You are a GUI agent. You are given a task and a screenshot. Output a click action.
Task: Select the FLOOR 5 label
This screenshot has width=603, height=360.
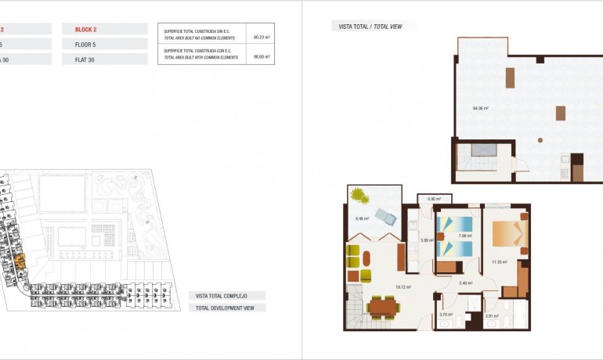85,45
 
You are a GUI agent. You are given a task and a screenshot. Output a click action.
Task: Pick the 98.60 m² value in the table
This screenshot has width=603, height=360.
262,56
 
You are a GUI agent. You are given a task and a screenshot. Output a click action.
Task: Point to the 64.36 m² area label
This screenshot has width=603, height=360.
480,108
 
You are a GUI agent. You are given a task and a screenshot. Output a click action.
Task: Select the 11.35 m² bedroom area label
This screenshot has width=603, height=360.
499,262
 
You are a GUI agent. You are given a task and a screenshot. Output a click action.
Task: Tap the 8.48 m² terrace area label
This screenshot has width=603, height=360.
362,218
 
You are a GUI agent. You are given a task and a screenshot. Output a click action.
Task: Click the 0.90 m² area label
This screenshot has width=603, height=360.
435,200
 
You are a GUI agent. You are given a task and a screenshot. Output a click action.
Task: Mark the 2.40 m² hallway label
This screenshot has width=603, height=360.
465,283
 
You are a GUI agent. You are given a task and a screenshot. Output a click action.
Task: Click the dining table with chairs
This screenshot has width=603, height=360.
381,307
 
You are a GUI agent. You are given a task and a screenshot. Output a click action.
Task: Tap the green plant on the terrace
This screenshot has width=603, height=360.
359,193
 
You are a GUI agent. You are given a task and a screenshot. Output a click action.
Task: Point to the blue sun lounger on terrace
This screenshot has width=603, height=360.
385,216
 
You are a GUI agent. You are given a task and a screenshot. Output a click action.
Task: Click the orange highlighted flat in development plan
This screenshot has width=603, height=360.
20,261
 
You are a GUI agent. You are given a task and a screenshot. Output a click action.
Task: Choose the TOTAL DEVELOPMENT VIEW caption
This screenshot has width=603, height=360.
226,308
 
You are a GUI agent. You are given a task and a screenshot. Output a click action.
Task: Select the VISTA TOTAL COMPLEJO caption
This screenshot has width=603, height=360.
226,296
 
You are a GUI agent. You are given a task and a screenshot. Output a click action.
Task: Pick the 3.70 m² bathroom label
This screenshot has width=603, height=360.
446,315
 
